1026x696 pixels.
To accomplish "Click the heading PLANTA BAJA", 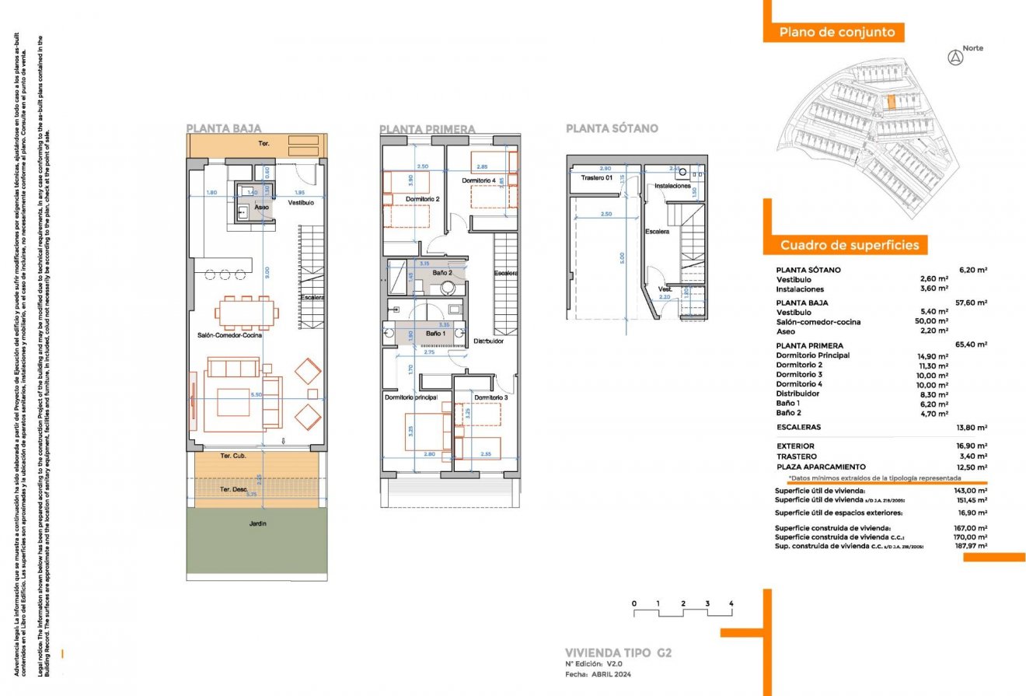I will coord(224,128).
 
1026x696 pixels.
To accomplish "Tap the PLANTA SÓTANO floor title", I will coord(612,128).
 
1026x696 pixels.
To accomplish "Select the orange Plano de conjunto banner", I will coord(832,33).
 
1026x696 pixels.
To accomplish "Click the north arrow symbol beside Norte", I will coord(955,58).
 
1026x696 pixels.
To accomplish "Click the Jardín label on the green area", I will coord(257,524).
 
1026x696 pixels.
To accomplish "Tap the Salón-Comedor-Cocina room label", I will coord(229,336).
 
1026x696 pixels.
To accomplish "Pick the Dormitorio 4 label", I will coord(479,180).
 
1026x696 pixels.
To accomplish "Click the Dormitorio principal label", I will coord(411,397).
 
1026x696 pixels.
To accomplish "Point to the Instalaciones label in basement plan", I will coord(673,187).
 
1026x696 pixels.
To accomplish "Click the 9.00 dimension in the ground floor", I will coord(266,272).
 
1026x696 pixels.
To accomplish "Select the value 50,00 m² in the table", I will coord(933,322).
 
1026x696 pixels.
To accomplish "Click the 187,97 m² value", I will coord(972,546).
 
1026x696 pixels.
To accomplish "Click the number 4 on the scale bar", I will coord(731,603).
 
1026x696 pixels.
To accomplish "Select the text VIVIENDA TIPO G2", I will coord(618,652).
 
